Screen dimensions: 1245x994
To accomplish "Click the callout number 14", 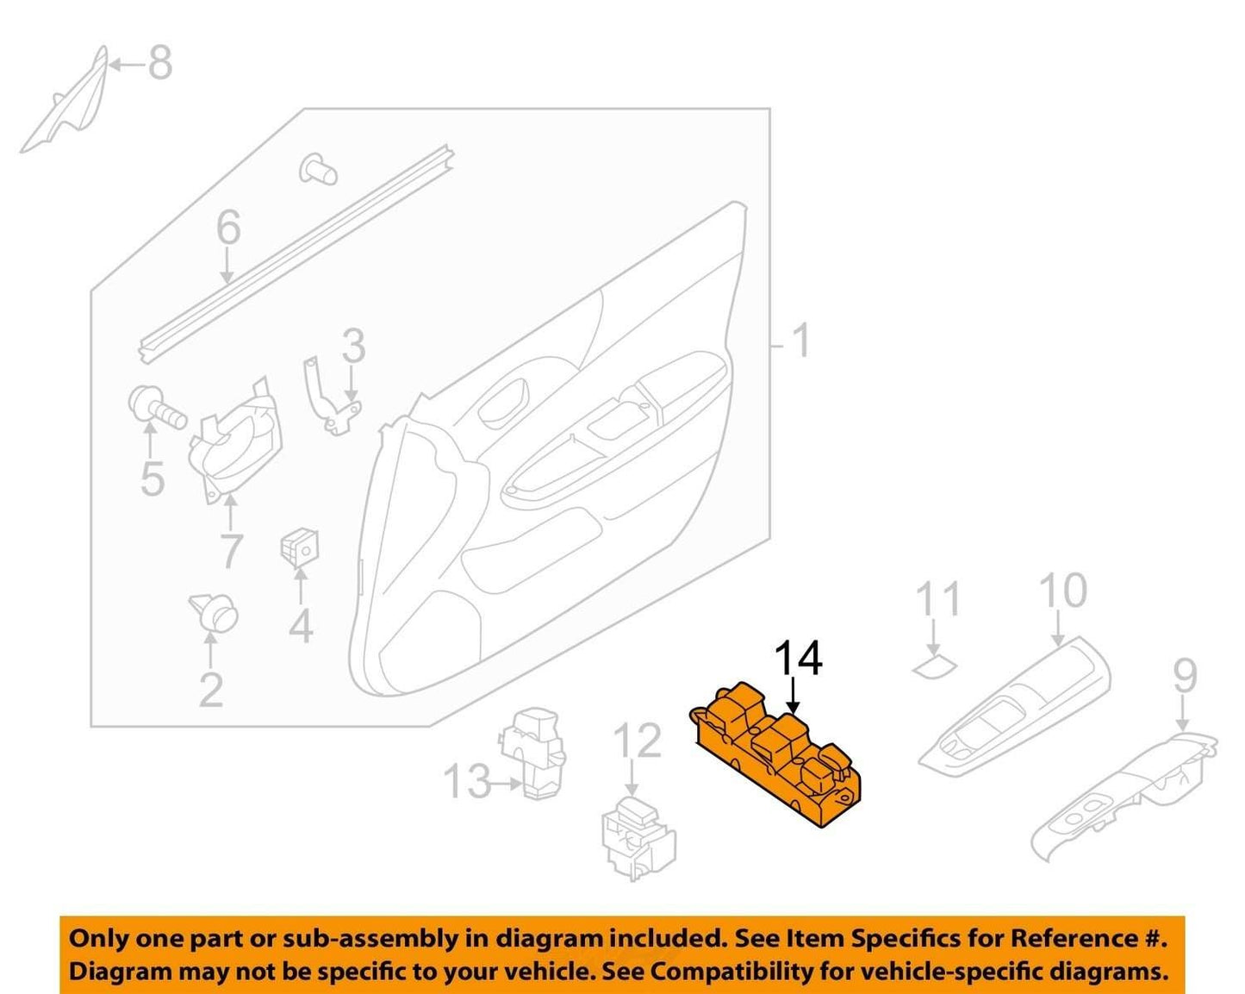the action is tap(798, 659).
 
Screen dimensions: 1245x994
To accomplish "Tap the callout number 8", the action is tap(160, 63).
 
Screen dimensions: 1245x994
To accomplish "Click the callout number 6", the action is tap(228, 228).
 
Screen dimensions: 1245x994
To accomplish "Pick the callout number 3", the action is tap(353, 346).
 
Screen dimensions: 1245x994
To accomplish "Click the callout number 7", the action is tap(231, 552).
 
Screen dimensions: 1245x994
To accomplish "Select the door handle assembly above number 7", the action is tap(236, 439).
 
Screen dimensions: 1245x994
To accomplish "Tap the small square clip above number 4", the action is tap(300, 546).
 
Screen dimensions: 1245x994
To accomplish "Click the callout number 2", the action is tap(210, 690).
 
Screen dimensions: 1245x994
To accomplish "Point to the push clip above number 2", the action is tap(214, 612).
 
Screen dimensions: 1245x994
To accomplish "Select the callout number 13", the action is tap(467, 781).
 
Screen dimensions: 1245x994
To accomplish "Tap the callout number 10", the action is tap(1063, 591).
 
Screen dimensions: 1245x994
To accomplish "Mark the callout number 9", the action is tap(1185, 676).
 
